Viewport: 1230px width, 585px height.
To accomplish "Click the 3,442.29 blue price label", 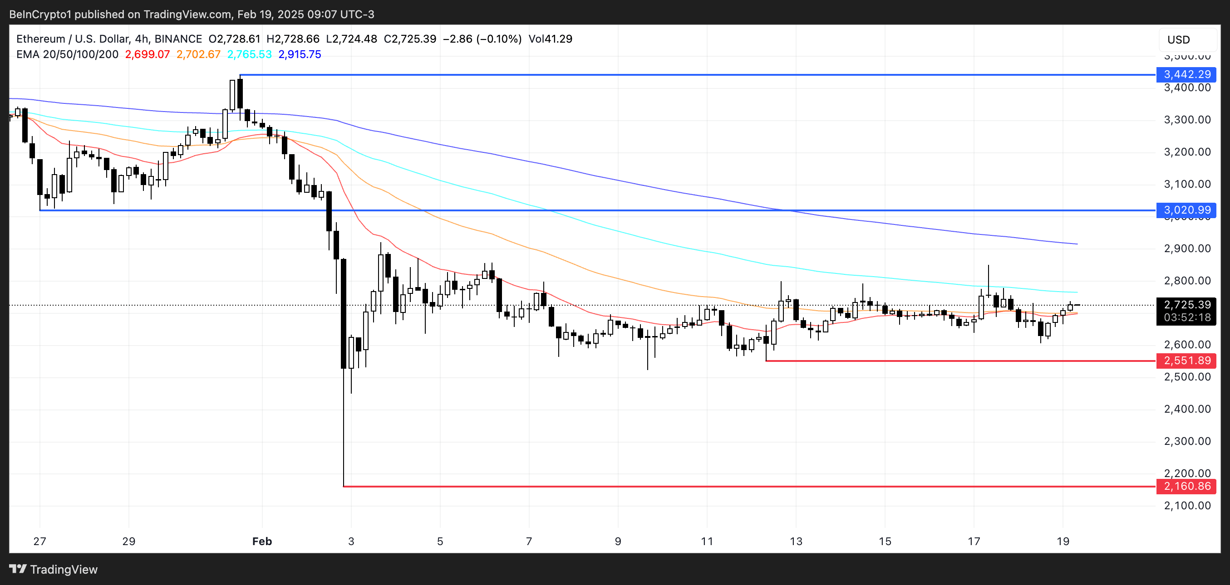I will pyautogui.click(x=1186, y=74).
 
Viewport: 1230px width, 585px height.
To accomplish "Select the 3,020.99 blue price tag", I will pyautogui.click(x=1186, y=210).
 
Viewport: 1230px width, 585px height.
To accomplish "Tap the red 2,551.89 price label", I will pyautogui.click(x=1186, y=361).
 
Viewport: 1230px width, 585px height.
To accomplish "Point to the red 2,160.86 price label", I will pyautogui.click(x=1186, y=486).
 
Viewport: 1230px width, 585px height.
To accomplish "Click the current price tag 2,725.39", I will pyautogui.click(x=1186, y=305).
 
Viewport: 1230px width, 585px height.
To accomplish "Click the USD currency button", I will pyautogui.click(x=1178, y=39).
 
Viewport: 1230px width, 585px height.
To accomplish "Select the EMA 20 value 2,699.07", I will pyautogui.click(x=147, y=54).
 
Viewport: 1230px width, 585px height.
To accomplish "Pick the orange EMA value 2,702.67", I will pyautogui.click(x=198, y=54).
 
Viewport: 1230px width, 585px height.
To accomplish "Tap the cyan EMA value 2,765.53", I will pyautogui.click(x=249, y=54).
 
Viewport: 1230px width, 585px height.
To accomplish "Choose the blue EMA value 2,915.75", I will pyautogui.click(x=300, y=54).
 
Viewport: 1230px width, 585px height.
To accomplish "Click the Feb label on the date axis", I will pyautogui.click(x=262, y=541).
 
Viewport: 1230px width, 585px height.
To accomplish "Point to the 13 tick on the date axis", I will pyautogui.click(x=796, y=541).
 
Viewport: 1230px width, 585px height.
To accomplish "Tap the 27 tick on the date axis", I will pyautogui.click(x=39, y=541).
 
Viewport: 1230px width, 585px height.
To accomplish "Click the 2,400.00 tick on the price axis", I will pyautogui.click(x=1187, y=409).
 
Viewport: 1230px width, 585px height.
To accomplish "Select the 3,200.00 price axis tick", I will pyautogui.click(x=1187, y=152).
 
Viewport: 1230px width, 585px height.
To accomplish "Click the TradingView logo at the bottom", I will pyautogui.click(x=54, y=569).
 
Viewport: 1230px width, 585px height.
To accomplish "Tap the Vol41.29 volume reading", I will pyautogui.click(x=550, y=39).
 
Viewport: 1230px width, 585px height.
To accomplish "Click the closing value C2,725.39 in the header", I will pyautogui.click(x=410, y=39).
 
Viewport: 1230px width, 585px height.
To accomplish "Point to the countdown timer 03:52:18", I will pyautogui.click(x=1186, y=318).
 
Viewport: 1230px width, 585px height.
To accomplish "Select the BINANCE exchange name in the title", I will pyautogui.click(x=178, y=39).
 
